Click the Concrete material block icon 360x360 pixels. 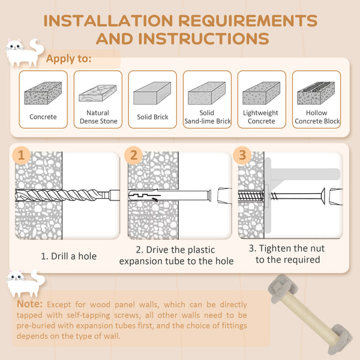coord(43,95)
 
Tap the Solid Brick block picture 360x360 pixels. coord(152,95)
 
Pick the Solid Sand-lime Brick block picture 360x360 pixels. coord(206,95)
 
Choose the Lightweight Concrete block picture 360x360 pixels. coord(261,95)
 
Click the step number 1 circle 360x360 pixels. coord(22,155)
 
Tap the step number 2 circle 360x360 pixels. coord(134,155)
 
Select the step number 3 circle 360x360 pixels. coord(242,155)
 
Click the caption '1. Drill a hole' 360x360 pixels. coord(68,256)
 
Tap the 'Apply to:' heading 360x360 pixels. coord(69,59)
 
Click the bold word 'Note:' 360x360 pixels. coord(30,304)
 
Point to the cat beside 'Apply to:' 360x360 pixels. coord(23,53)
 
